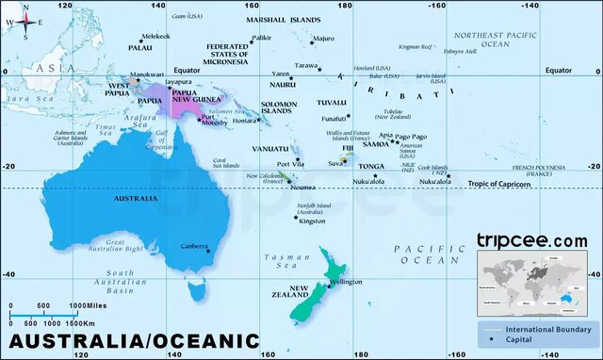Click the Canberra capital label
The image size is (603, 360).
[193, 246]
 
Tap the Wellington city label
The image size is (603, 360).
[346, 282]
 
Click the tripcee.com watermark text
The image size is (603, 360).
[531, 241]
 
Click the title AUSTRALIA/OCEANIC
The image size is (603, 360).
[134, 340]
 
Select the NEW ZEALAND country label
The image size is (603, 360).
[301, 293]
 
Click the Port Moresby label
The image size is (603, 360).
[214, 121]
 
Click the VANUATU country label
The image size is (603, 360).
[269, 149]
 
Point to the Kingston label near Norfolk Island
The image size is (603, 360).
[312, 221]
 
